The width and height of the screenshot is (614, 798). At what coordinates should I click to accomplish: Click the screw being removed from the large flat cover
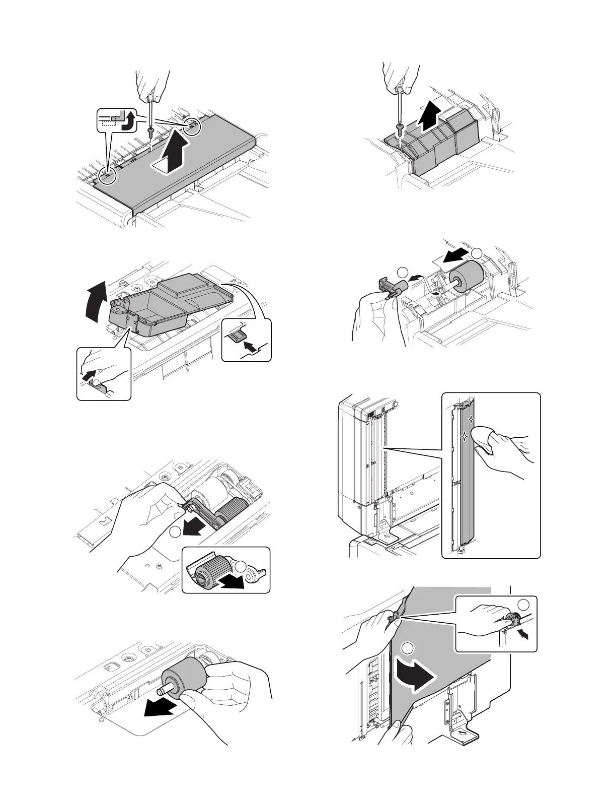150,132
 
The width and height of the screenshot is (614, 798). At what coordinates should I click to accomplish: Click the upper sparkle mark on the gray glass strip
471,419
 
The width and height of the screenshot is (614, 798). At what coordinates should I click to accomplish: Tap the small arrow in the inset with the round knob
524,636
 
